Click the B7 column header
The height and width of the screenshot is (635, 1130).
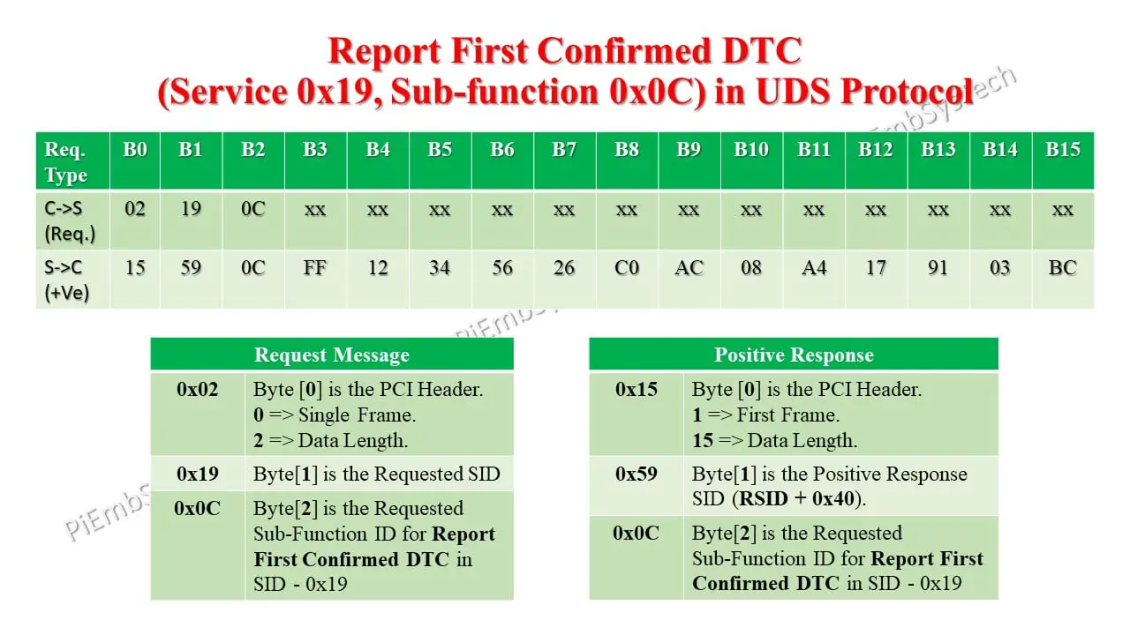click(x=564, y=150)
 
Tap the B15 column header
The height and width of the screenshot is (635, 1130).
click(x=1062, y=150)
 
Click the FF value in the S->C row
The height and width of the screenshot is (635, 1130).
click(x=315, y=267)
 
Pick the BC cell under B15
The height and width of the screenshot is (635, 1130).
click(x=1062, y=267)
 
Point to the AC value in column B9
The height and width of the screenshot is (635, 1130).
click(x=689, y=267)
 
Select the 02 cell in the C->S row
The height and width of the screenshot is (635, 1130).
click(x=135, y=210)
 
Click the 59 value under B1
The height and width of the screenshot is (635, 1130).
click(x=191, y=267)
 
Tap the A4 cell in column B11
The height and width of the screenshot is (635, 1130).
click(x=813, y=267)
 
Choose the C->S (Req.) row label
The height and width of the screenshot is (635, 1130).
click(x=70, y=221)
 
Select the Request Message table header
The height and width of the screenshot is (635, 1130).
click(x=332, y=355)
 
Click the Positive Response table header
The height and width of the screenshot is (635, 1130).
click(x=794, y=355)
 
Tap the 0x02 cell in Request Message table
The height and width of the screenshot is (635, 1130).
click(x=197, y=389)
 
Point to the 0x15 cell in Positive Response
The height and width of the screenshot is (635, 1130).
click(x=636, y=389)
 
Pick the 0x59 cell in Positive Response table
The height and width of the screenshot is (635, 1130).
click(x=636, y=474)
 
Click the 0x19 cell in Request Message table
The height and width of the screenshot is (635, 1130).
click(x=197, y=474)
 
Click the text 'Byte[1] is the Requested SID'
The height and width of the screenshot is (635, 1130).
click(x=376, y=474)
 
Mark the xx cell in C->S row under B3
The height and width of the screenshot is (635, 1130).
click(x=315, y=210)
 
